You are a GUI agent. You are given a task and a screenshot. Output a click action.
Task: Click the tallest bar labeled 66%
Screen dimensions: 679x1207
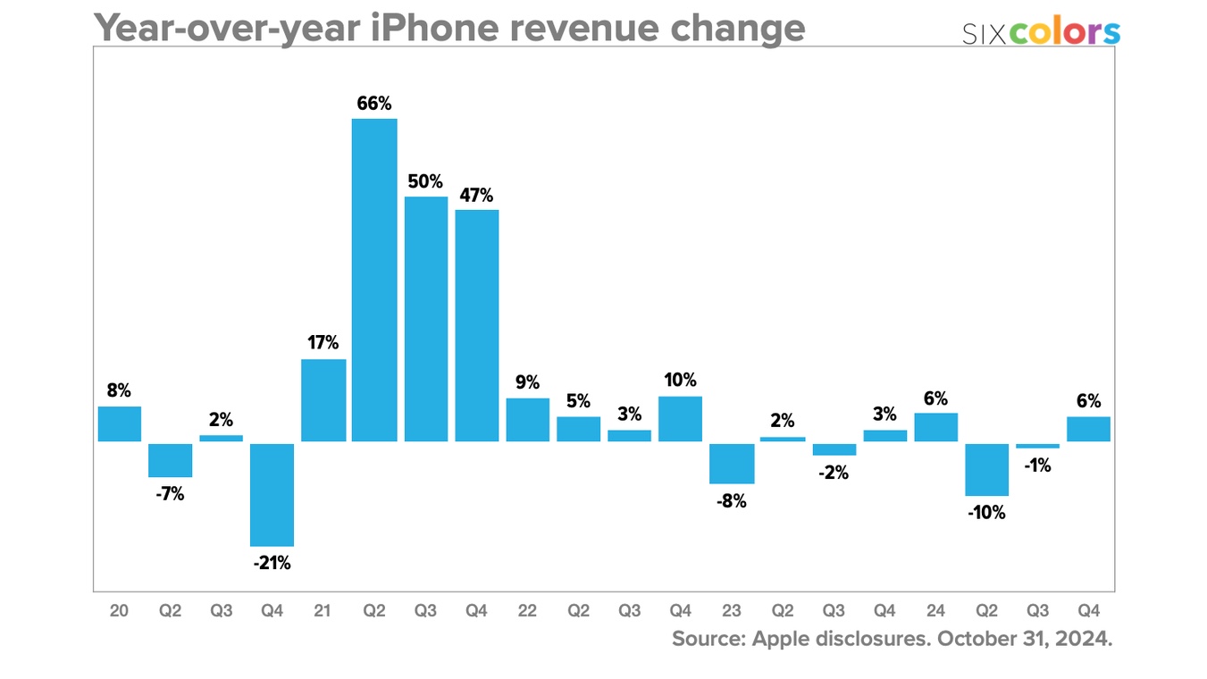pos(374,280)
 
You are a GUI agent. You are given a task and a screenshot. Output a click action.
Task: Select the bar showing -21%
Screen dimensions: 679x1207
pos(272,494)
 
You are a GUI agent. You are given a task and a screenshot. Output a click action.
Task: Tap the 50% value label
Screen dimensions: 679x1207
pos(425,182)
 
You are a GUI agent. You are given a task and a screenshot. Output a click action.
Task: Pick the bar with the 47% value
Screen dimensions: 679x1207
pos(476,325)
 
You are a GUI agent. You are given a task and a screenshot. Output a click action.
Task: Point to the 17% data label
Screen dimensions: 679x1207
pos(323,343)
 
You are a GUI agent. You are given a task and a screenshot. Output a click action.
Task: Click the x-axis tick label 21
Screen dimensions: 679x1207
pos(323,611)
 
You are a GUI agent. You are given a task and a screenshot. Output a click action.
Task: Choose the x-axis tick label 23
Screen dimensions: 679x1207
pos(731,611)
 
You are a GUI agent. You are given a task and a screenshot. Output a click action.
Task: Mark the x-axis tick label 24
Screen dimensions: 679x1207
pos(935,611)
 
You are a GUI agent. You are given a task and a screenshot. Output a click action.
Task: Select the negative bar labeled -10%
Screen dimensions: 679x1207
pos(986,469)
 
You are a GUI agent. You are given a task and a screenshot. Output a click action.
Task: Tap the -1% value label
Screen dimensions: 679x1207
pos(1038,465)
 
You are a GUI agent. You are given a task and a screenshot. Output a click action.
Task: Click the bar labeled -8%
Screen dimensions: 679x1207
pos(732,463)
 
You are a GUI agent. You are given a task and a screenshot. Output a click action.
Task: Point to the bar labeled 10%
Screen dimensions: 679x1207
pos(680,419)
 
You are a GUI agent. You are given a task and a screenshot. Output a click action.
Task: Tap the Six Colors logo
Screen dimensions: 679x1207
pos(1041,32)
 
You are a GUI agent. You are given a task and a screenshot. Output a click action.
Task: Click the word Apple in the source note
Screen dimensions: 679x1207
pos(783,640)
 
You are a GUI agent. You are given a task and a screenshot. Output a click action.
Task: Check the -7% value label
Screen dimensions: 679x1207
pos(170,494)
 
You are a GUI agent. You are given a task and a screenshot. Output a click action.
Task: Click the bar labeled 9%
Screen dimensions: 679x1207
pos(527,420)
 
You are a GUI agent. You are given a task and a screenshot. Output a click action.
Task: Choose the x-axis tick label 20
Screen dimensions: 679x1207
pos(119,611)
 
